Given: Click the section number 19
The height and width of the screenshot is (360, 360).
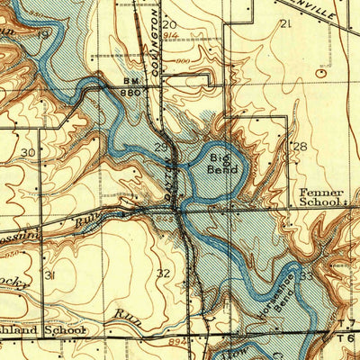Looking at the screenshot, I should [44, 34].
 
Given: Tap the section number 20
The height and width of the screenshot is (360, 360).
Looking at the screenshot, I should [170, 24].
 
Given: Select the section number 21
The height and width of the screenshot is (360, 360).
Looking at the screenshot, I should [285, 23].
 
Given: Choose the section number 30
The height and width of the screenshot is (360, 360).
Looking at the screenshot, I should [29, 153].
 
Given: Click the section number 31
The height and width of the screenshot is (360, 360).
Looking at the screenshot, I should [49, 274].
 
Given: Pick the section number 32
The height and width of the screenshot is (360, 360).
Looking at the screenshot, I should [163, 273].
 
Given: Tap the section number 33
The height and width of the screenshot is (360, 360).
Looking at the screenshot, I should [307, 275].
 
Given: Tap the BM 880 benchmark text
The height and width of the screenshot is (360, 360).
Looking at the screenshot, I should [132, 86].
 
